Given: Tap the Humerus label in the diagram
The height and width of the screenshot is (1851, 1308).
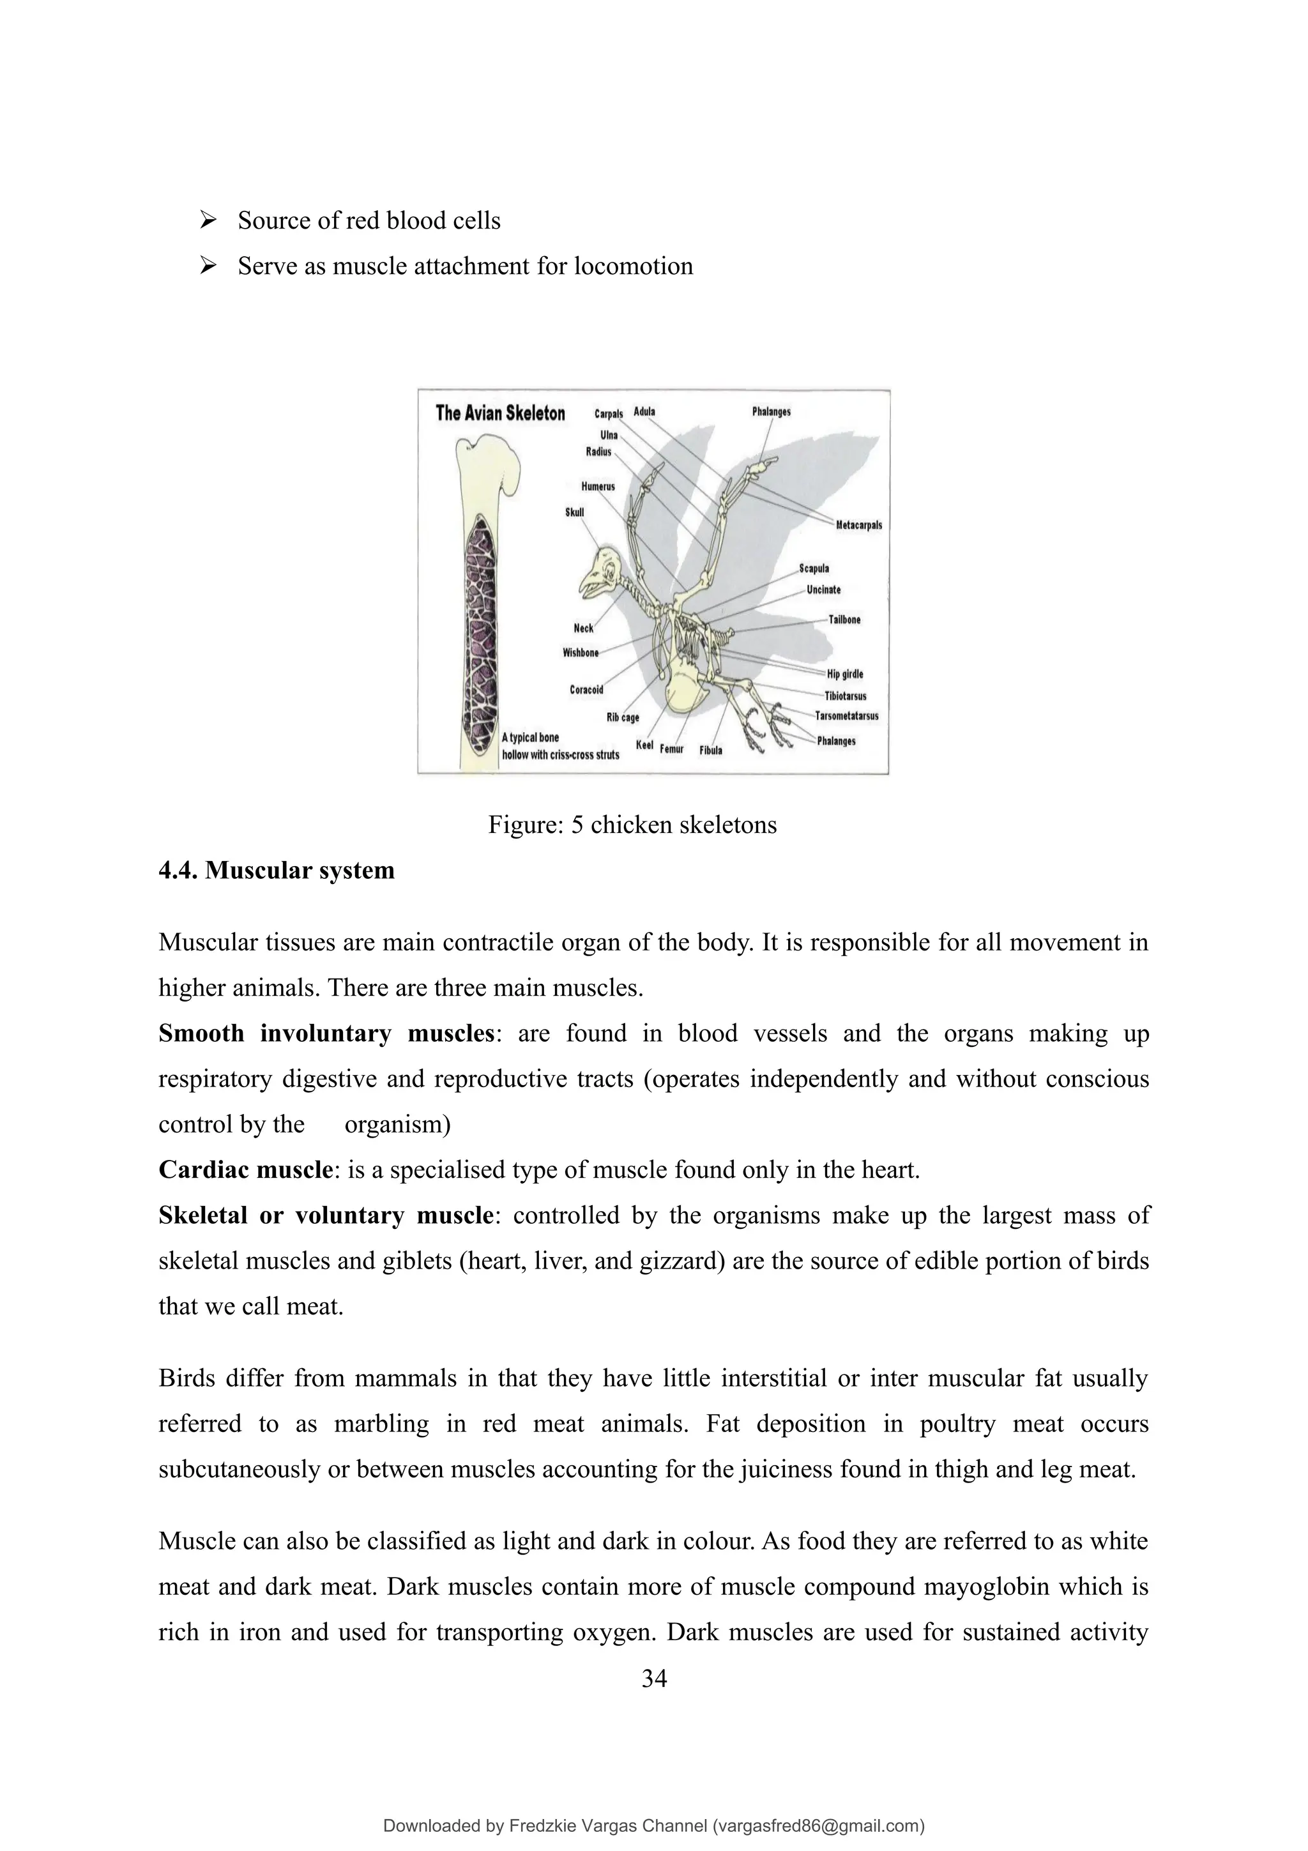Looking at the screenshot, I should [598, 487].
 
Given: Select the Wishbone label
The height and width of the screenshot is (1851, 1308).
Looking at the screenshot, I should [581, 653].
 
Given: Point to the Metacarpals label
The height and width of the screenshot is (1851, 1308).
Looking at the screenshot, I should [858, 526].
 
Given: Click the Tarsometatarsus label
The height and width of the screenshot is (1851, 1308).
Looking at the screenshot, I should [846, 716].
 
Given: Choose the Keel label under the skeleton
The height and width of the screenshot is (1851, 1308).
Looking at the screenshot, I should [644, 746].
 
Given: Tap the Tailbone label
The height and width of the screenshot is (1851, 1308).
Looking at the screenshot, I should [844, 620].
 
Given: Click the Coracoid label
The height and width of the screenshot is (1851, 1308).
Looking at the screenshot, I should [586, 690].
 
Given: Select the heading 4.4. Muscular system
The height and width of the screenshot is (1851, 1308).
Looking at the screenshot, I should [277, 871].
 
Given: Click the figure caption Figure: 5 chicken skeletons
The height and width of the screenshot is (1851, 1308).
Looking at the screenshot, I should [632, 825].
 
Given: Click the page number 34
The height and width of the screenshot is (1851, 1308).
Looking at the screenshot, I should [653, 1679].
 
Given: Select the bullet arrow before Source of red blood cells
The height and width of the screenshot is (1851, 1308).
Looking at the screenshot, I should [208, 220].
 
